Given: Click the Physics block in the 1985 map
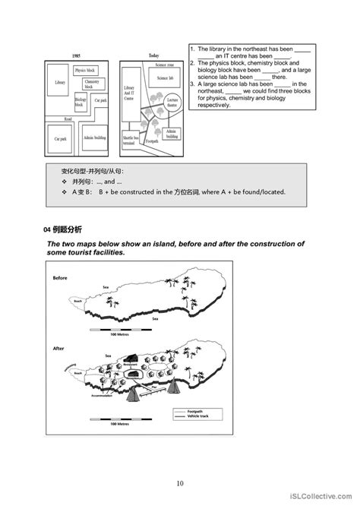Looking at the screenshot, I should coord(84,71).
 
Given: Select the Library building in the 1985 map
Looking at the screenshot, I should coord(61,84).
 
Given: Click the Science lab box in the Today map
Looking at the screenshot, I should coord(165,77).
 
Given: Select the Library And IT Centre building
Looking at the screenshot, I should coord(129,93).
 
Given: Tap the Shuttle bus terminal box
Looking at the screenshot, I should coord(130,140).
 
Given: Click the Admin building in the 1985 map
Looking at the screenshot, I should coord(94,139).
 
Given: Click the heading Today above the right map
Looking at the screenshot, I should coord(154,55).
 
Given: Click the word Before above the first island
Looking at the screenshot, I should coord(61,278).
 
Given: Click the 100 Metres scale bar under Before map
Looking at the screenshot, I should coord(118,332).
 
